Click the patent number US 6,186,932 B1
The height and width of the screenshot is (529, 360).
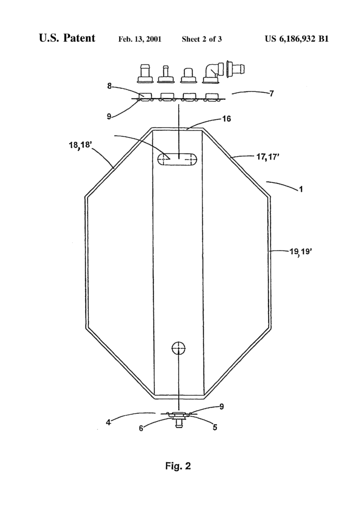[x=296, y=39]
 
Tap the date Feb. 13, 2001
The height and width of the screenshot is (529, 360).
[x=139, y=39]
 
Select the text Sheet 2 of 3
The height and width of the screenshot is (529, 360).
[x=202, y=39]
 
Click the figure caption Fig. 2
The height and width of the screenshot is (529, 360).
[x=178, y=466]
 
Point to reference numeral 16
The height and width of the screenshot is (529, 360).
[x=226, y=119]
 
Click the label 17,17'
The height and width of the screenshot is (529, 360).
[x=268, y=157]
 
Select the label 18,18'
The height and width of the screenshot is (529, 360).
[x=80, y=145]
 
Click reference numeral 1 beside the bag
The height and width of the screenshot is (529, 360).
[x=301, y=189]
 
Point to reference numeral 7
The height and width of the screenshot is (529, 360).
[x=272, y=94]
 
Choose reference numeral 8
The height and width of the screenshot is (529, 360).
[x=109, y=86]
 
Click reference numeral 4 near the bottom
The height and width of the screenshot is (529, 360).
[x=108, y=422]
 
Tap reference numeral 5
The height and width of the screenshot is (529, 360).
[x=215, y=427]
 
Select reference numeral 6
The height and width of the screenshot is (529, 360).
[x=141, y=428]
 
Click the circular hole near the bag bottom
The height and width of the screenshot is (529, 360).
[x=179, y=348]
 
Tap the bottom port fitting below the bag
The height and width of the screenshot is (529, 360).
[x=179, y=419]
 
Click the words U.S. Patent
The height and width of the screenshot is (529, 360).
[x=67, y=38]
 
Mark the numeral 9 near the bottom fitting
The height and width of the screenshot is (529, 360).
[x=222, y=407]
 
